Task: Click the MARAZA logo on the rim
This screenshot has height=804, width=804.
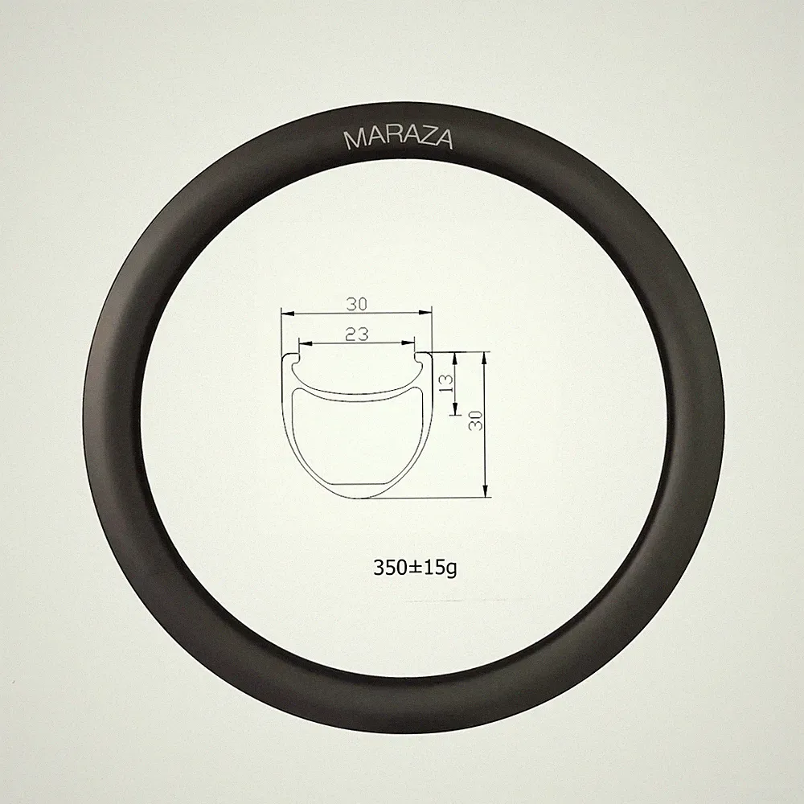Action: point(399,138)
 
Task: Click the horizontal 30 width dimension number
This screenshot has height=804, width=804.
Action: point(357,304)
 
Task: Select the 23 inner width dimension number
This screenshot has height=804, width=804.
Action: point(357,334)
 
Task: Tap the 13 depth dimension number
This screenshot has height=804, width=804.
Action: point(446,383)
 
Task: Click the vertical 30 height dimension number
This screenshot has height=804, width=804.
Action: point(476,420)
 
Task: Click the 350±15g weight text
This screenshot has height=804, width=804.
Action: point(415,568)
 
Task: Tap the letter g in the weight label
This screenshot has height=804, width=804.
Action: point(451,570)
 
